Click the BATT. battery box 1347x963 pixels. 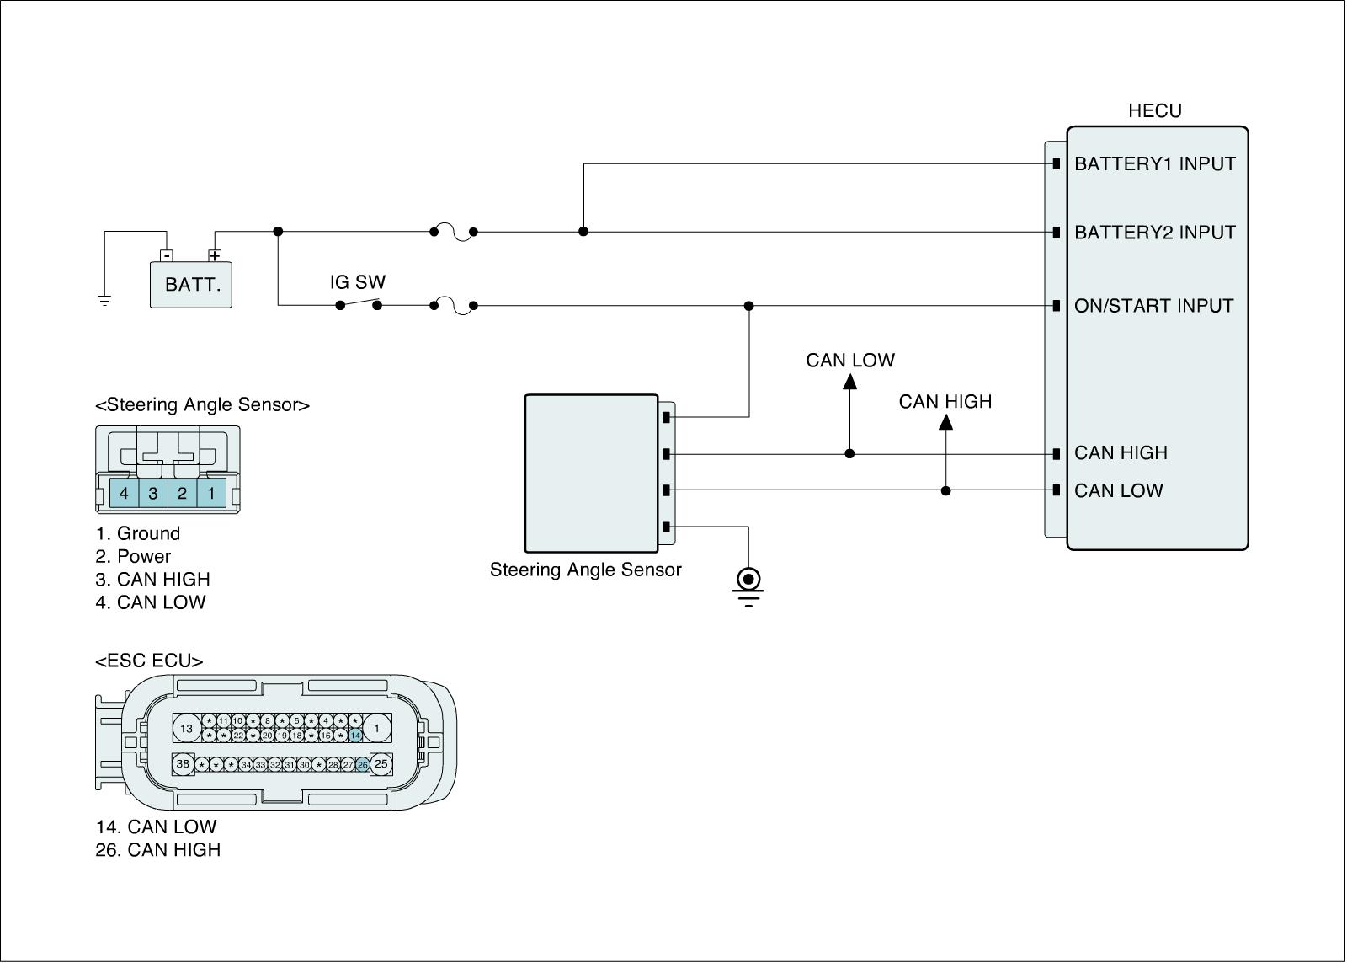pyautogui.click(x=191, y=284)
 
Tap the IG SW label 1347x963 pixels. pyautogui.click(x=358, y=282)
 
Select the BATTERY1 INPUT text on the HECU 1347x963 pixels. pyautogui.click(x=1155, y=163)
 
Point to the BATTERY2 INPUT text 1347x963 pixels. pyautogui.click(x=1155, y=233)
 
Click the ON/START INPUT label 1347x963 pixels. pyautogui.click(x=1153, y=306)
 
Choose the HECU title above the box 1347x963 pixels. pyautogui.click(x=1155, y=111)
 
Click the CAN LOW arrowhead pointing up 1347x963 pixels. pyautogui.click(x=849, y=381)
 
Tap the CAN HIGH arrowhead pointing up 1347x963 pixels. pyautogui.click(x=945, y=421)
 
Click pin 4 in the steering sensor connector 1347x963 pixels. pyautogui.click(x=124, y=493)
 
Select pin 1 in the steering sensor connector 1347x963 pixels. pyautogui.click(x=211, y=493)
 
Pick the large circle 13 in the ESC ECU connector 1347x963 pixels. pyautogui.click(x=186, y=729)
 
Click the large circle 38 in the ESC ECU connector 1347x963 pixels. pyautogui.click(x=183, y=764)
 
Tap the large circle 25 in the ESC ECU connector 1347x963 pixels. pyautogui.click(x=381, y=764)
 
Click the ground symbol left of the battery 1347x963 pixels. pyautogui.click(x=104, y=300)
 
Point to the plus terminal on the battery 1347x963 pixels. pyautogui.click(x=216, y=255)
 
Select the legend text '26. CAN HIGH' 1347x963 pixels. pyautogui.click(x=158, y=850)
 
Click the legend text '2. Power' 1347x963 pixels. pyautogui.click(x=133, y=556)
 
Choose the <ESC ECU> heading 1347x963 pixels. pyautogui.click(x=149, y=661)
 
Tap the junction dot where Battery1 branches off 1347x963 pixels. pyautogui.click(x=583, y=232)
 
